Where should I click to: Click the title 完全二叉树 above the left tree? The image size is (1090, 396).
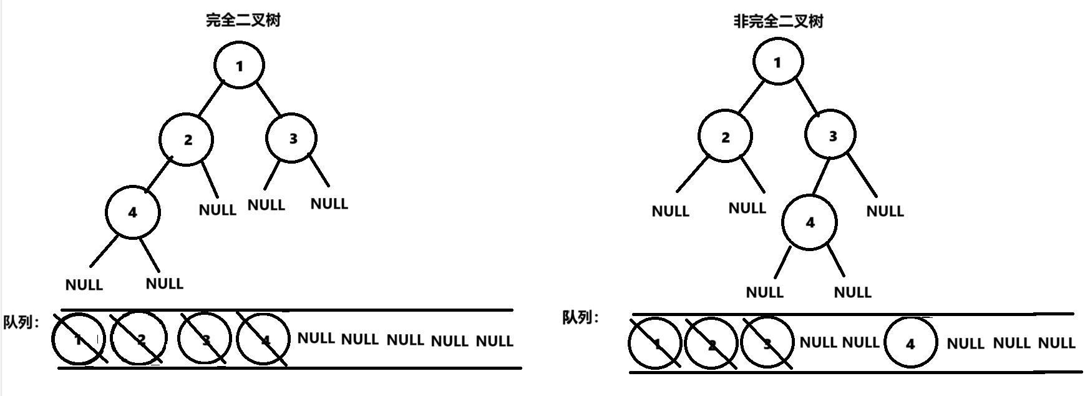click(243, 21)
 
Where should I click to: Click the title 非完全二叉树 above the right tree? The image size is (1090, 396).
click(778, 22)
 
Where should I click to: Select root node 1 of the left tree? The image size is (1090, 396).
click(239, 66)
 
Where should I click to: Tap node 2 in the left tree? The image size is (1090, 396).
click(187, 139)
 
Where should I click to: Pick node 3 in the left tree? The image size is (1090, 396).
click(292, 138)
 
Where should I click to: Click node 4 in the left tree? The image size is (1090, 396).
click(132, 212)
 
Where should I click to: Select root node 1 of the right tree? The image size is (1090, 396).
click(777, 62)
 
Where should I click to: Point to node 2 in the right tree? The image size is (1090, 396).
click(725, 137)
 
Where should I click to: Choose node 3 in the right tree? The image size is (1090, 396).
click(831, 136)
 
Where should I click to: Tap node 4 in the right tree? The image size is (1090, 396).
click(810, 222)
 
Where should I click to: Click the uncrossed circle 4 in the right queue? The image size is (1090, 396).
click(910, 343)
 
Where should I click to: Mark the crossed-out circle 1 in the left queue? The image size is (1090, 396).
click(78, 339)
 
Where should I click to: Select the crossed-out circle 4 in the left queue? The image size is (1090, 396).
click(264, 339)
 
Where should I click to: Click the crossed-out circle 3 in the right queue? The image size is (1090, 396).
click(766, 343)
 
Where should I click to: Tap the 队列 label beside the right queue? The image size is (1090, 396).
click(580, 317)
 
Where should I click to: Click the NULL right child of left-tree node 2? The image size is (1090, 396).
click(217, 210)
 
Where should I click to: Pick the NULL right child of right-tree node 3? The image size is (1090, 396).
click(885, 211)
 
